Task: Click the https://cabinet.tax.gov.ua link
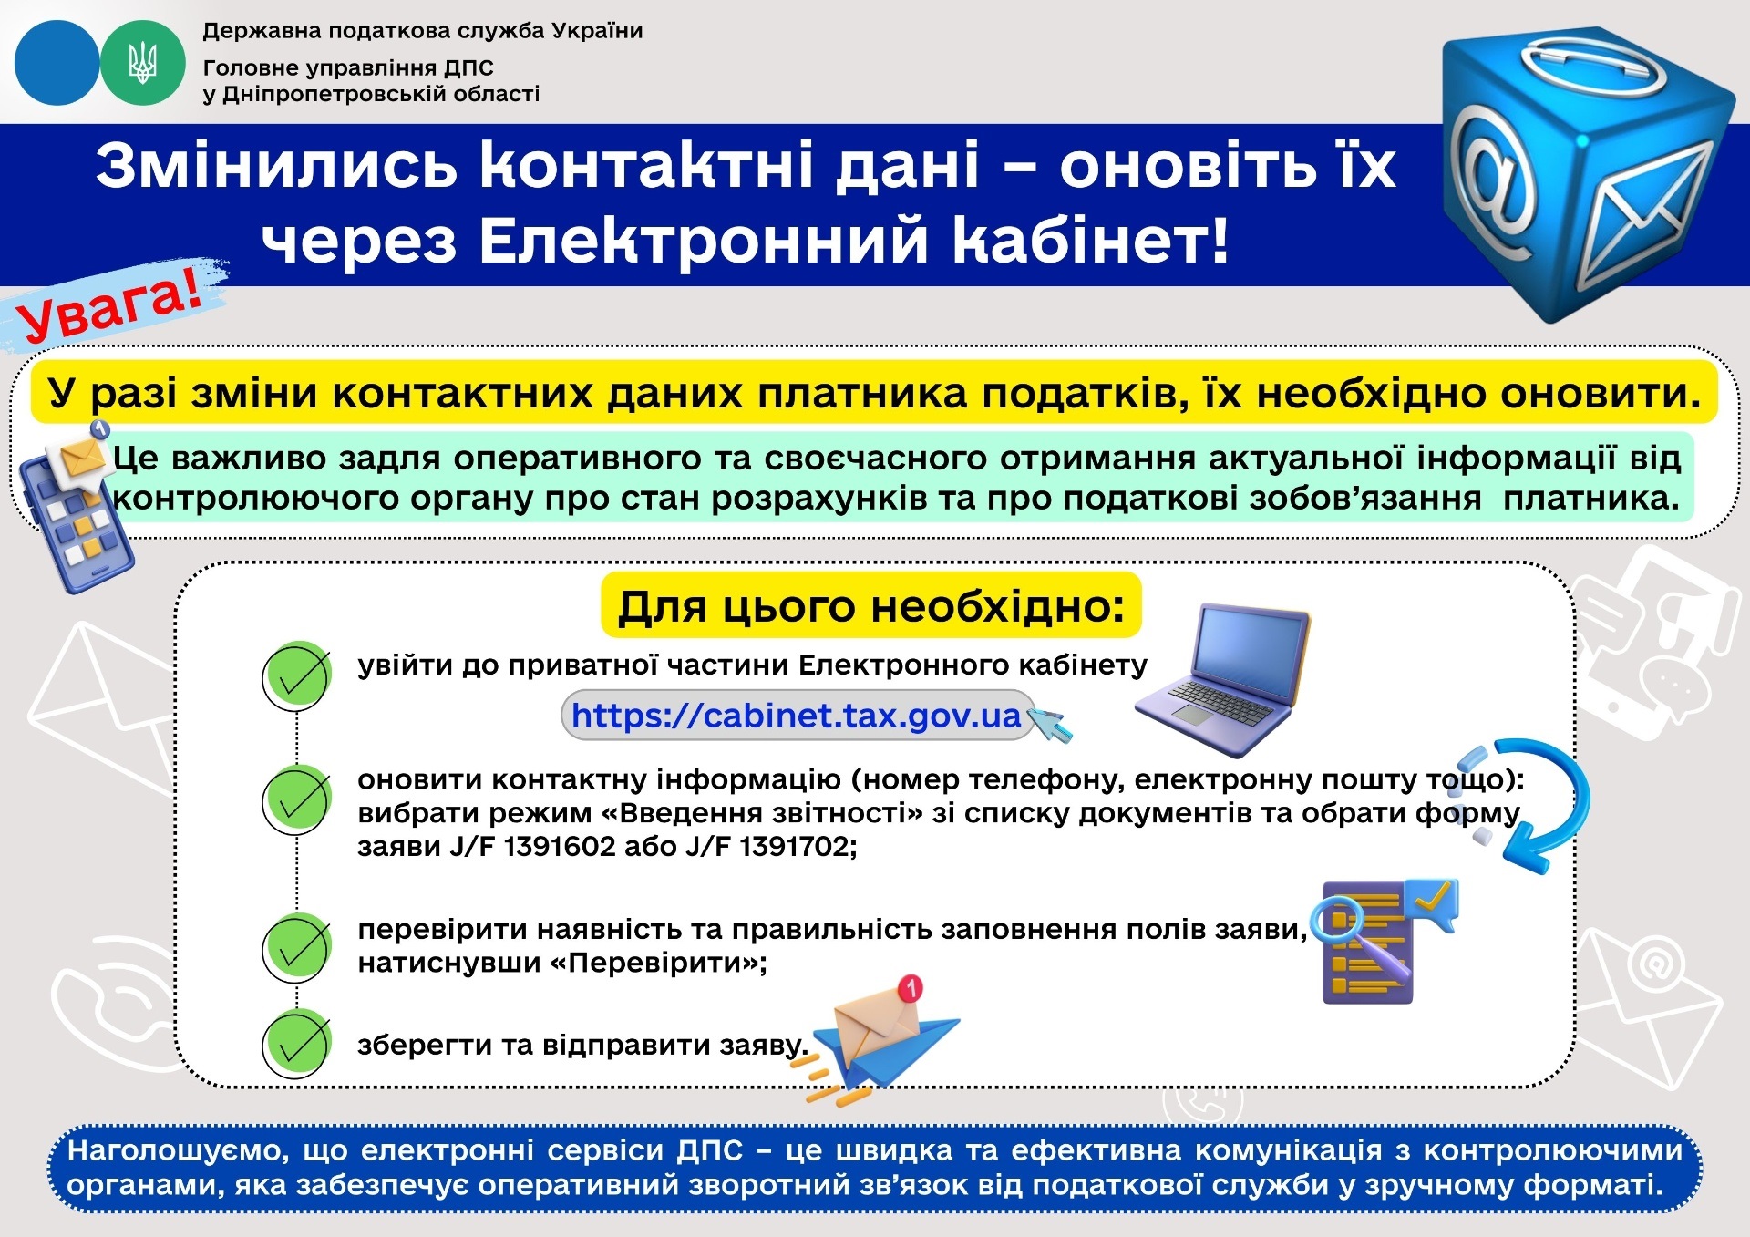point(796,716)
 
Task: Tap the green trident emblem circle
point(142,63)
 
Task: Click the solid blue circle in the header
point(57,63)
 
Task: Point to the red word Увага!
point(110,305)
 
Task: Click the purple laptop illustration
point(1222,679)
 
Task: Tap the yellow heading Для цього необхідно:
point(871,606)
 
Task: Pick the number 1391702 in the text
point(796,847)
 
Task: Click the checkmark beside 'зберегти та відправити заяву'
point(296,1044)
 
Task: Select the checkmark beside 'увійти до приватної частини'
point(296,676)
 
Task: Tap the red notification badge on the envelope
point(911,987)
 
